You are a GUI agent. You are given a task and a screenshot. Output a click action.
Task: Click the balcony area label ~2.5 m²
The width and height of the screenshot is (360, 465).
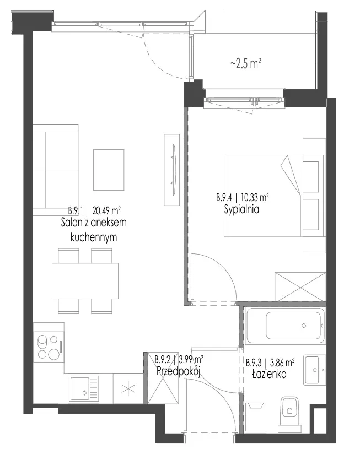coord(245,63)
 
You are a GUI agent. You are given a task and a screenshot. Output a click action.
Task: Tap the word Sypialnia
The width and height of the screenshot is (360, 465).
coord(241,209)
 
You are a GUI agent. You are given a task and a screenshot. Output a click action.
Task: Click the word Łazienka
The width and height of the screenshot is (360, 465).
coord(269,374)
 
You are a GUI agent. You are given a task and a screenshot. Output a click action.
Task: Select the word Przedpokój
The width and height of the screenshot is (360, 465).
coord(179,371)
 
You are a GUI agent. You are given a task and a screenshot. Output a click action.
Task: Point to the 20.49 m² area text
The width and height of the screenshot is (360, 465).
coord(106,211)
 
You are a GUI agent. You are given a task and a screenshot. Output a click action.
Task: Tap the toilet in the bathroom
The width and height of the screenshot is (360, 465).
coord(289,414)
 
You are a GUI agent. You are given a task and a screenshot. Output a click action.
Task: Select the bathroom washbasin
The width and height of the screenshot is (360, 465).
coord(314,370)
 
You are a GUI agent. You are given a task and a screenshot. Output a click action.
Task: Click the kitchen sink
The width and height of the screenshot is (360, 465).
coord(84,390)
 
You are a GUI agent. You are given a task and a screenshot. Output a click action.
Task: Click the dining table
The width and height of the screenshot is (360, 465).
coord(85,280)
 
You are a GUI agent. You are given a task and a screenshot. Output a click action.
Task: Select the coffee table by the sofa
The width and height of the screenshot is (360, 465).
coord(109,170)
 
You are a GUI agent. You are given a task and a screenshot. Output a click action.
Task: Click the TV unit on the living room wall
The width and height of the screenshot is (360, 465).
coord(172,170)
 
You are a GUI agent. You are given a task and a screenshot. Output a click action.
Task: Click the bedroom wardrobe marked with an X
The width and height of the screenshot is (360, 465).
coord(300,286)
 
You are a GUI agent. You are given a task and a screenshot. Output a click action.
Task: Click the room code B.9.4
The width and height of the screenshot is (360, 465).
coord(224,197)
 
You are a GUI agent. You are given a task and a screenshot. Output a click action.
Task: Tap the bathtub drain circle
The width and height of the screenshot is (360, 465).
coord(304,326)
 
